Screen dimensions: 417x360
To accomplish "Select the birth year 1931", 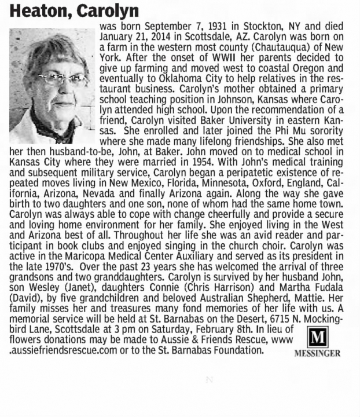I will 210,27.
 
